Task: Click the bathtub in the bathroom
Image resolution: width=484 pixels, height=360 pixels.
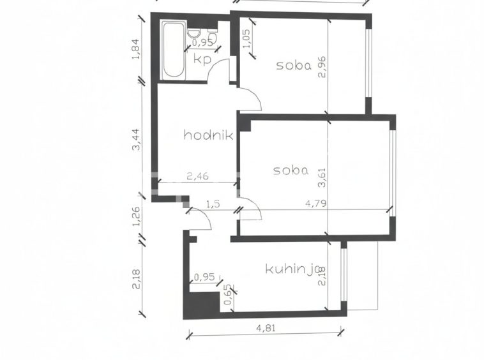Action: pyautogui.click(x=174, y=50)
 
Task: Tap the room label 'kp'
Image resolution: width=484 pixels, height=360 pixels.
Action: pyautogui.click(x=202, y=59)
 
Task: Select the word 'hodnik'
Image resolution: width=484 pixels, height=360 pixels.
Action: pyautogui.click(x=208, y=135)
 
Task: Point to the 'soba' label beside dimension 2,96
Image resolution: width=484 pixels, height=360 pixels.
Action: pyautogui.click(x=294, y=65)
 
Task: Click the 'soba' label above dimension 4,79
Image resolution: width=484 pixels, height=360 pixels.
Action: pyautogui.click(x=291, y=170)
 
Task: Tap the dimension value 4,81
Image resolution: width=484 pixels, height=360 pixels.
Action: pyautogui.click(x=266, y=327)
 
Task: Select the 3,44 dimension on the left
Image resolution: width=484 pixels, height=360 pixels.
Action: pyautogui.click(x=136, y=139)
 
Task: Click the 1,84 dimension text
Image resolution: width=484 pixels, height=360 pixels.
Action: pyautogui.click(x=136, y=49)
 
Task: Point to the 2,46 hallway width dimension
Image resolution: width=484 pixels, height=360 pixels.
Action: pyautogui.click(x=197, y=176)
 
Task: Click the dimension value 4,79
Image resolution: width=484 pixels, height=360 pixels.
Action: pyautogui.click(x=315, y=204)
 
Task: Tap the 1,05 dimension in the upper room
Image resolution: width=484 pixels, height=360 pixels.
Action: pyautogui.click(x=247, y=38)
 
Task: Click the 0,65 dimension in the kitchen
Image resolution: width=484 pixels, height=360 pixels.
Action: pyautogui.click(x=228, y=294)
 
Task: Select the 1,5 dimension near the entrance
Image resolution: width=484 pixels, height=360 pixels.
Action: pyautogui.click(x=213, y=204)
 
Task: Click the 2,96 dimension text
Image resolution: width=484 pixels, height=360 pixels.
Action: pyautogui.click(x=322, y=67)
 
